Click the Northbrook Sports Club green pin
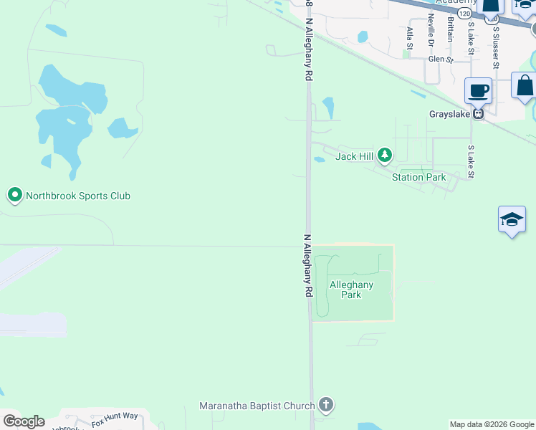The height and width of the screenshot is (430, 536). [14, 195]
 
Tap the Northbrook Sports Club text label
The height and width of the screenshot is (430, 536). [78, 196]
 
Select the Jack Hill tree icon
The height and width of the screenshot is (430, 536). [386, 155]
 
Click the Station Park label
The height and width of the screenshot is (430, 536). [418, 177]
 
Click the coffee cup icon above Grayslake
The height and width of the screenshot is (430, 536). [479, 91]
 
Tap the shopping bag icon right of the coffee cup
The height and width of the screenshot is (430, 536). [525, 85]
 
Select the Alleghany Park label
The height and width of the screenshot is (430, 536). [351, 290]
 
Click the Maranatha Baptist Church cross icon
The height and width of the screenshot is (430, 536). [326, 406]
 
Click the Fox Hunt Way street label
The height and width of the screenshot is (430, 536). [115, 419]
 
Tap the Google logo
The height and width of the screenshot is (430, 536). [24, 421]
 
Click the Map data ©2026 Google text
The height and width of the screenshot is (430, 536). [492, 424]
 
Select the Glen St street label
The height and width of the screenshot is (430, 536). [441, 60]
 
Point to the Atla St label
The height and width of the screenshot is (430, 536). [410, 37]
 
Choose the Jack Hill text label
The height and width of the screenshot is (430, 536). [355, 156]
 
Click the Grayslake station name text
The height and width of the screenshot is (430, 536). [450, 114]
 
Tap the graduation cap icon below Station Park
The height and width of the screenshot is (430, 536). [512, 219]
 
